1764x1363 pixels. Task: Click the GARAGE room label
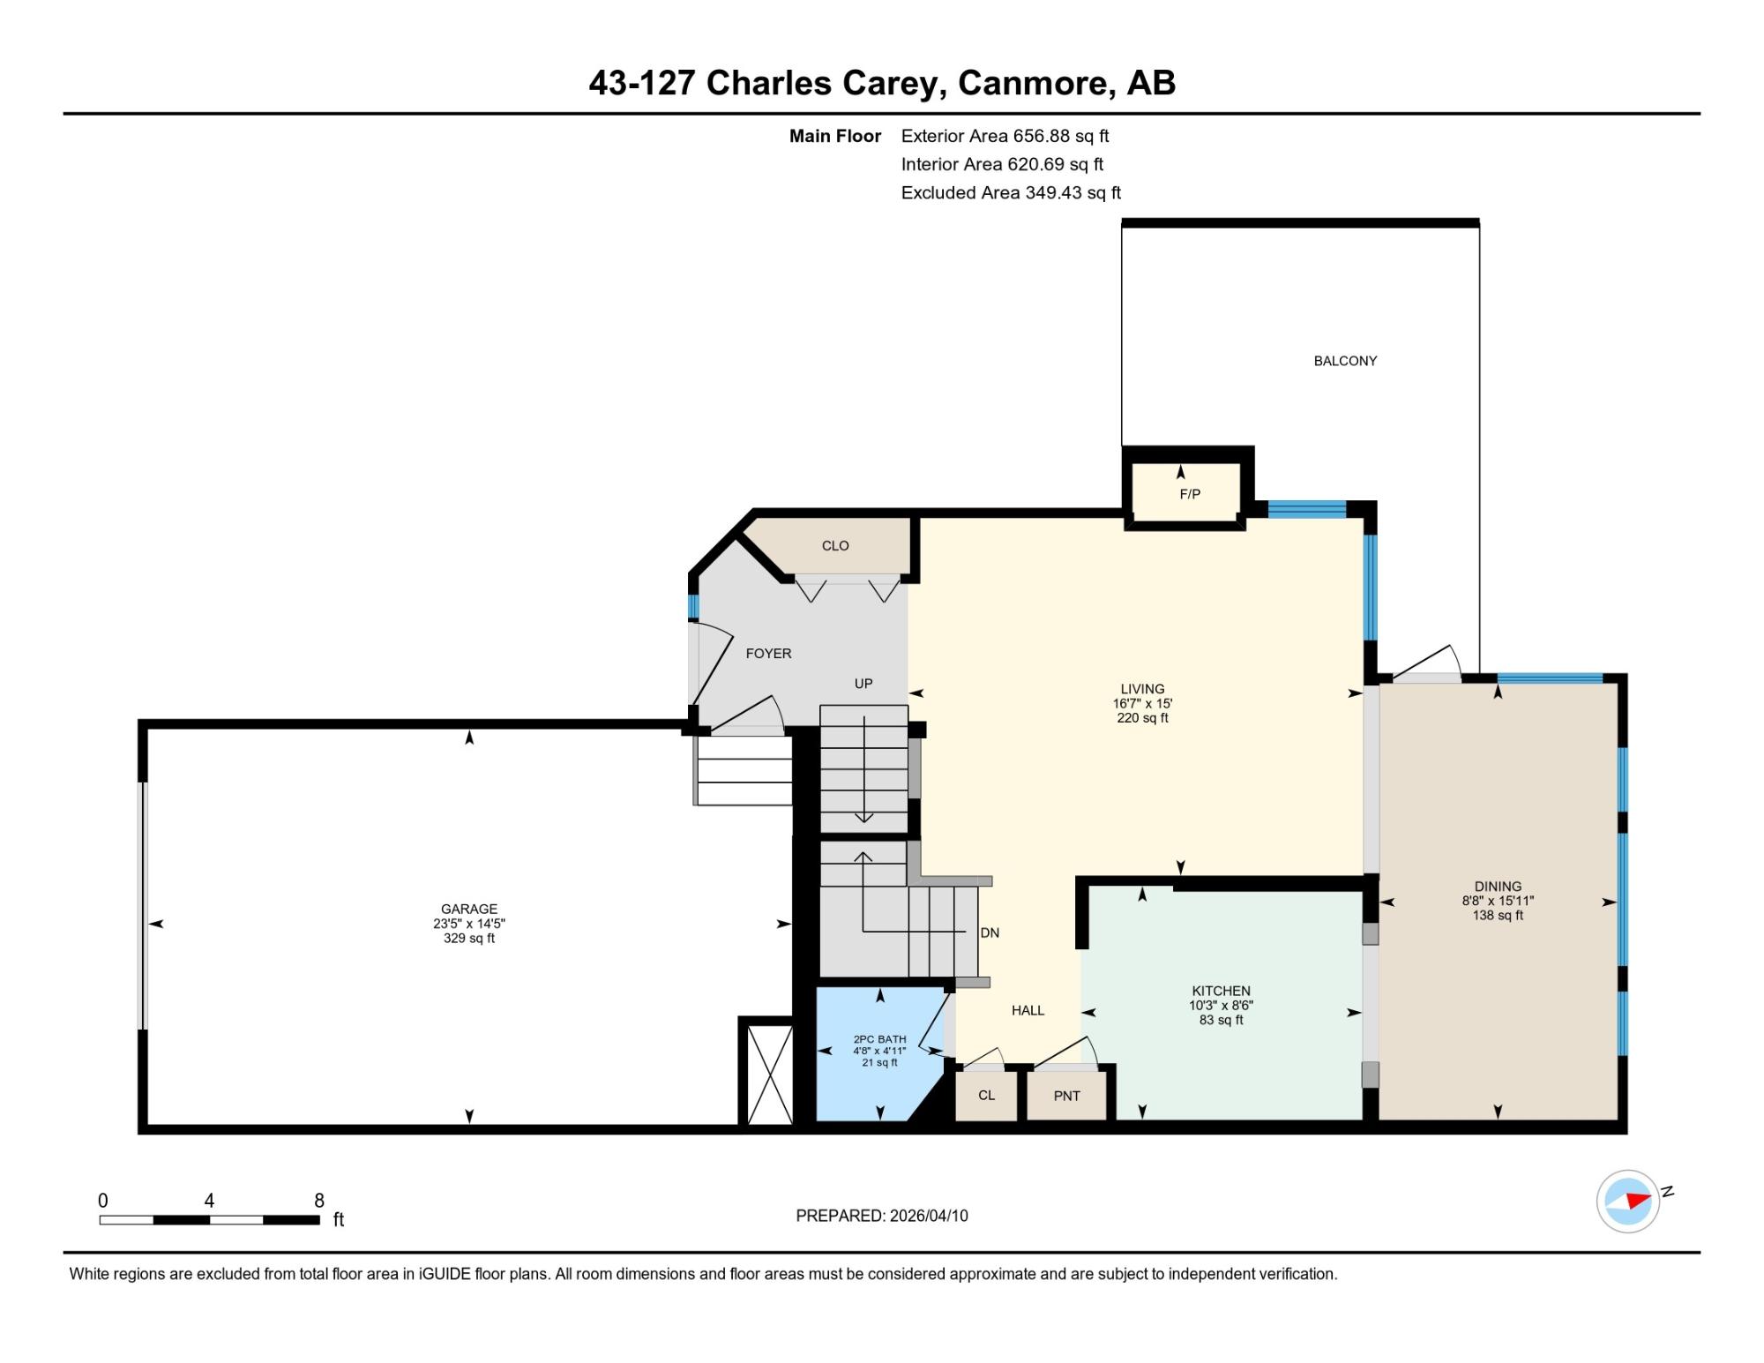click(x=469, y=909)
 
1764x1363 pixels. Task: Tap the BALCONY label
click(x=1345, y=361)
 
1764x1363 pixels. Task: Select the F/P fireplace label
click(x=1190, y=494)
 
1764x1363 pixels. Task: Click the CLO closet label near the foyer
click(x=835, y=546)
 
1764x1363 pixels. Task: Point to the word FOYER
click(x=768, y=654)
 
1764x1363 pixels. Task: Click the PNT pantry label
click(x=1066, y=1096)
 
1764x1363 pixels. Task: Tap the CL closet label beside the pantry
click(x=986, y=1095)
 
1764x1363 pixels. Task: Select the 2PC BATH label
click(x=879, y=1039)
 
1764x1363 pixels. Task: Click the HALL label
click(x=1028, y=1010)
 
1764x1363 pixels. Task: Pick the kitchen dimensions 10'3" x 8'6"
click(x=1221, y=1005)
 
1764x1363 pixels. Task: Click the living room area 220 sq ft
click(x=1142, y=718)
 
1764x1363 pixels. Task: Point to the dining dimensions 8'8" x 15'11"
click(x=1498, y=901)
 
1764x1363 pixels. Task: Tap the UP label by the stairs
click(x=863, y=684)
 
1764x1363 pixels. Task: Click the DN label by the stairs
click(x=990, y=932)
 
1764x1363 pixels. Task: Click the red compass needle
click(x=1638, y=1201)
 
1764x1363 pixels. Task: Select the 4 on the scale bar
click(x=209, y=1201)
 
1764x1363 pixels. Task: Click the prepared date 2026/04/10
click(x=929, y=1216)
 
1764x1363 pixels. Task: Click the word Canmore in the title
click(x=1030, y=83)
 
